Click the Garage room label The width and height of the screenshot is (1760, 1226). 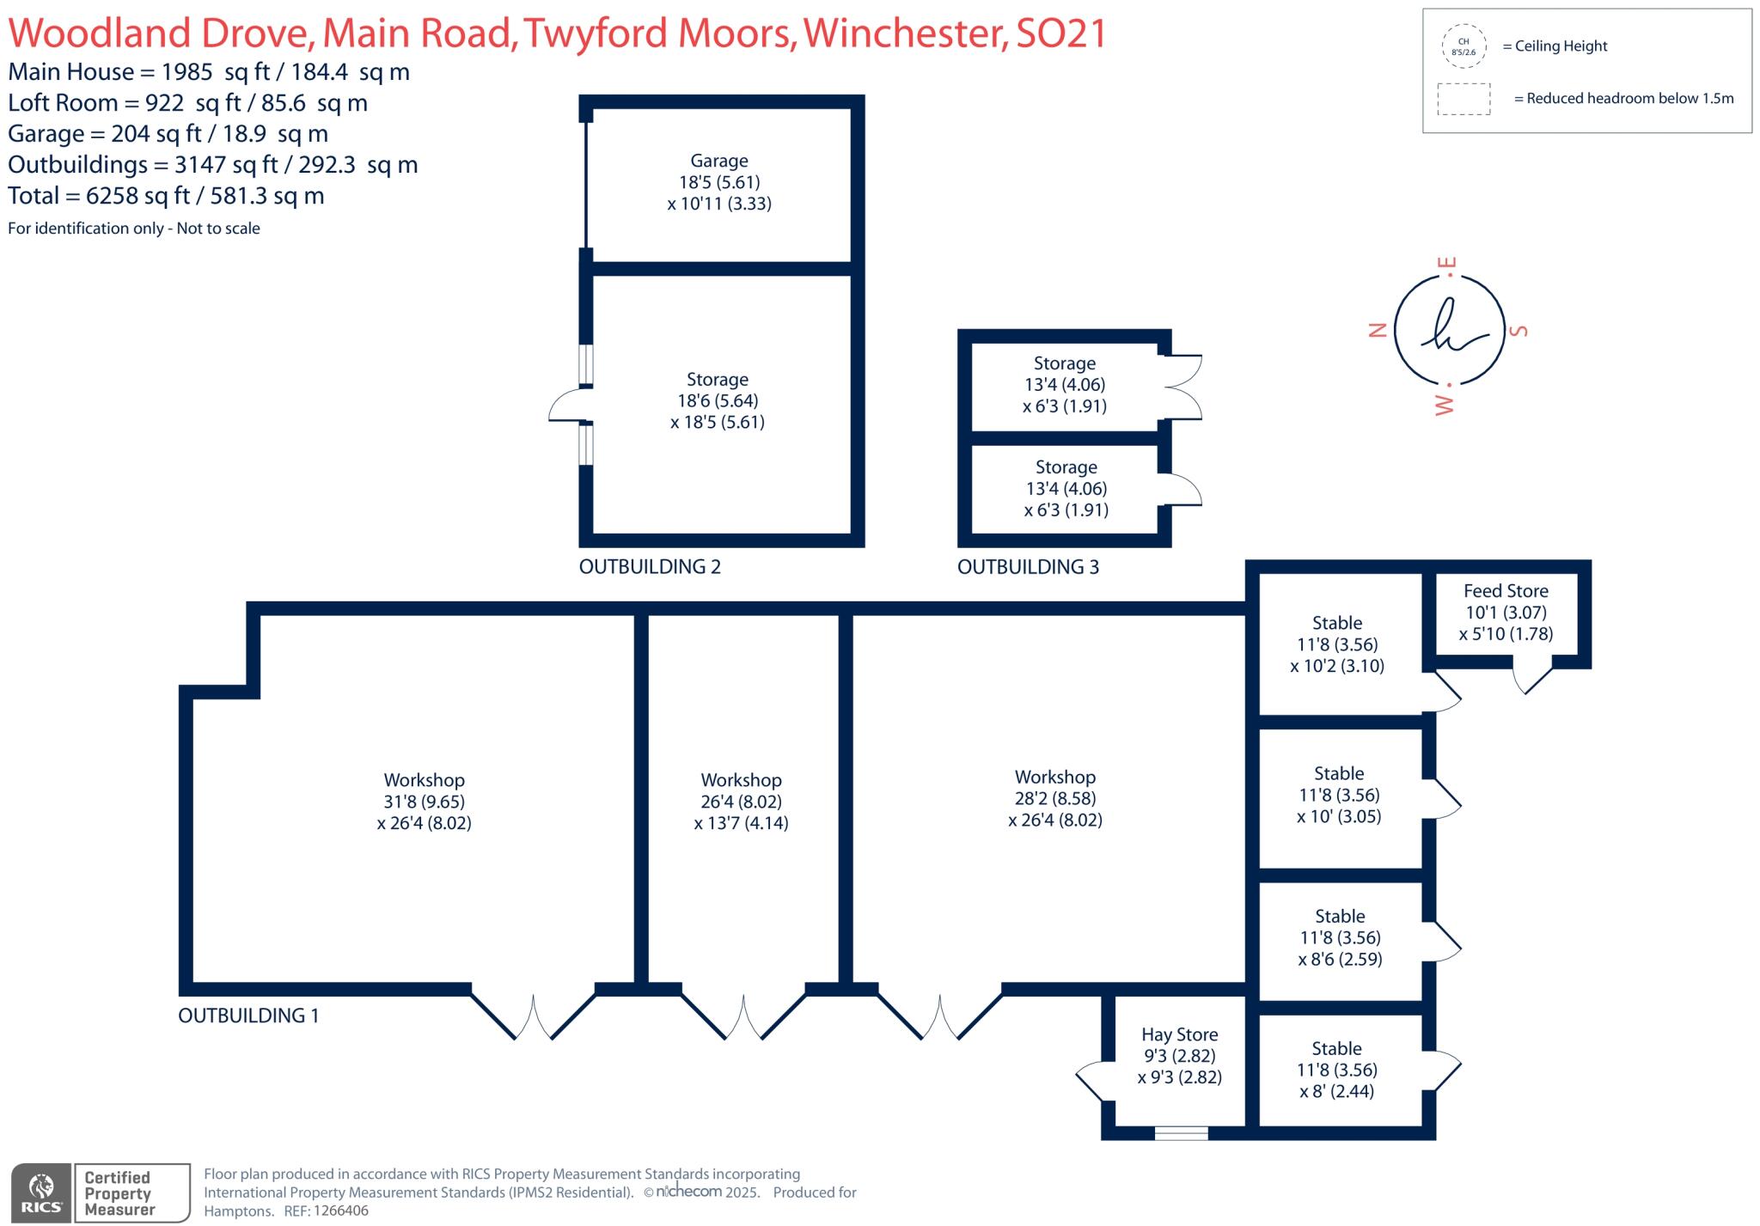[x=719, y=161]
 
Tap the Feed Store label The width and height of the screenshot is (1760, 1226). [x=1506, y=591]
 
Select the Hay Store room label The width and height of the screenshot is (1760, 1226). [x=1179, y=1034]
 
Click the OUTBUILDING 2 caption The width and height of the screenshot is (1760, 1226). [x=650, y=567]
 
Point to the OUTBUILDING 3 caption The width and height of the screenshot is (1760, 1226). [x=1028, y=567]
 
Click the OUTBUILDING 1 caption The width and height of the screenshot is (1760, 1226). [x=248, y=1016]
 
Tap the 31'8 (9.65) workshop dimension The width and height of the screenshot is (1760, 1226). [x=425, y=802]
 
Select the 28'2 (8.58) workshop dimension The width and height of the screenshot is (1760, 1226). [x=1055, y=798]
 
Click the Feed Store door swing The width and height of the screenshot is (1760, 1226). [x=1531, y=677]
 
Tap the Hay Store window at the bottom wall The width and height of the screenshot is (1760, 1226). [x=1181, y=1133]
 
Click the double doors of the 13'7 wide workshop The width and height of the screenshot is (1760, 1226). [x=743, y=1018]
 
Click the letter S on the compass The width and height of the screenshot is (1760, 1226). [x=1519, y=330]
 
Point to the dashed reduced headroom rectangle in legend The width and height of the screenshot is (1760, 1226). [x=1464, y=99]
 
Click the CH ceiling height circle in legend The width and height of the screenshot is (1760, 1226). [x=1464, y=46]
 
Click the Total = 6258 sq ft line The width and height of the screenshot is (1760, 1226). [x=166, y=196]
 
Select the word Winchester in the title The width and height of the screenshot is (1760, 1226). [x=904, y=33]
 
